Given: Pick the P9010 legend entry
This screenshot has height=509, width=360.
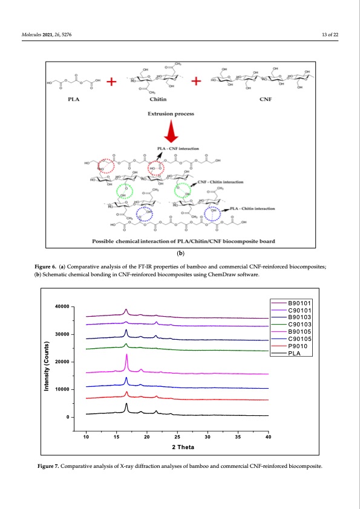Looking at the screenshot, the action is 298,346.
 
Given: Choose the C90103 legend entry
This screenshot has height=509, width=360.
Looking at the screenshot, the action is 299,325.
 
